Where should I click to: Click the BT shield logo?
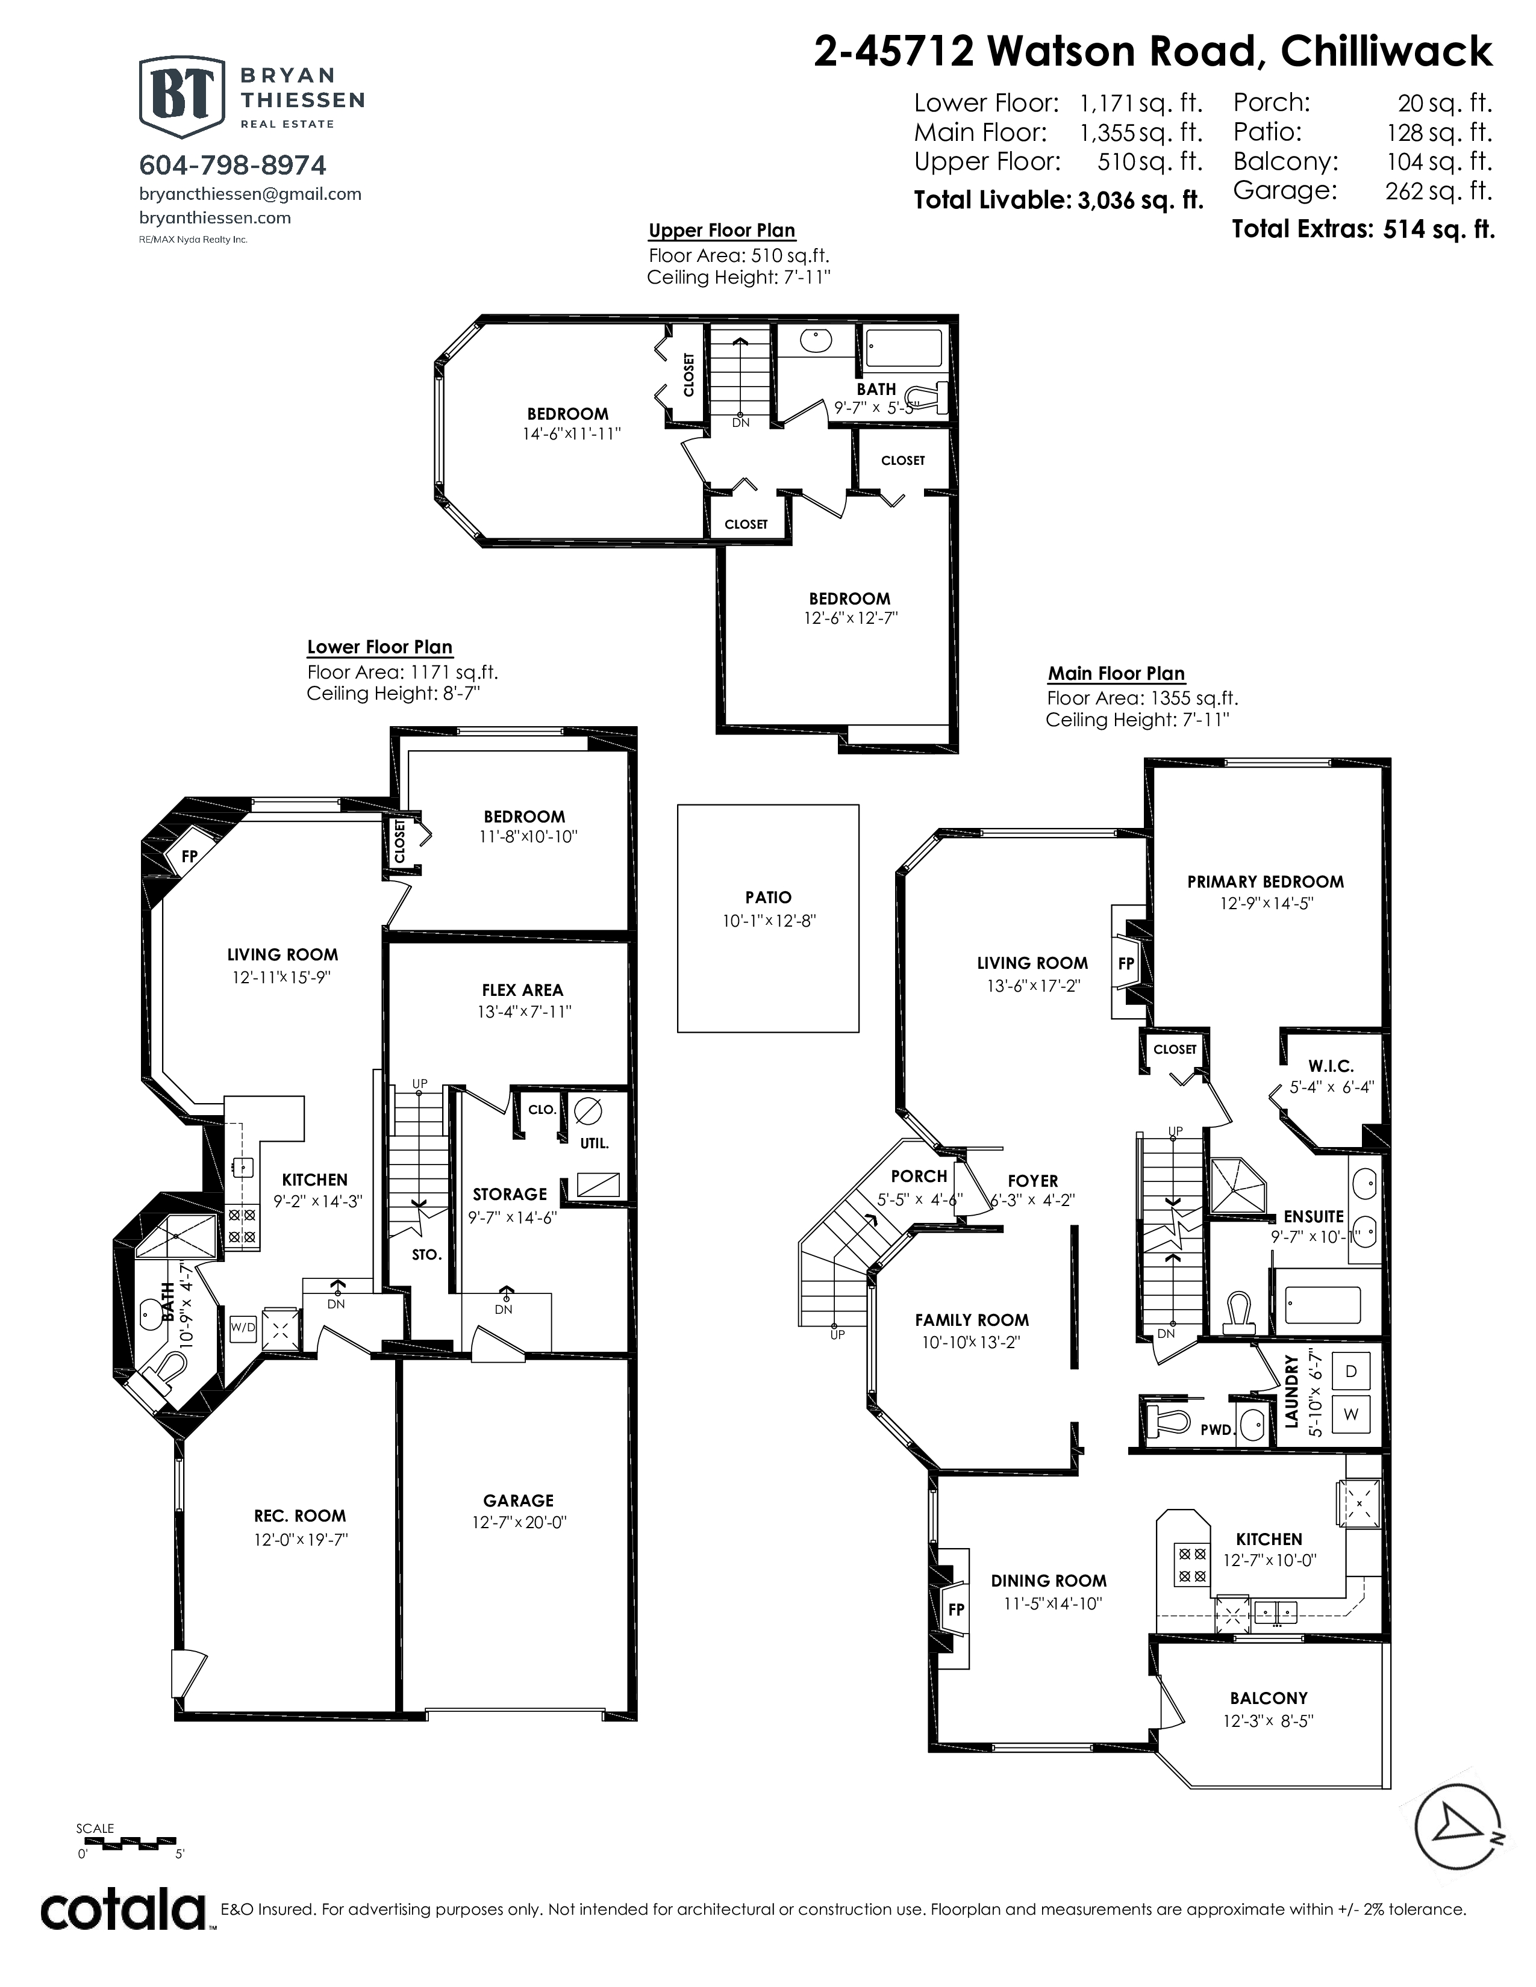coord(181,96)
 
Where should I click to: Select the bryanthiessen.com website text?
coord(215,217)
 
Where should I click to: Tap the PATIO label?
coord(768,897)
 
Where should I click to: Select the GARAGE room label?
coord(518,1500)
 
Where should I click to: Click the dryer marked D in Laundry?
coord(1350,1371)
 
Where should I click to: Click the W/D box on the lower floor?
coord(243,1328)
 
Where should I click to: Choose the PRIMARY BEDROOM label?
coord(1265,882)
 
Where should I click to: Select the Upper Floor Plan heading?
coord(722,231)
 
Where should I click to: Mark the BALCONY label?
coord(1269,1698)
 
